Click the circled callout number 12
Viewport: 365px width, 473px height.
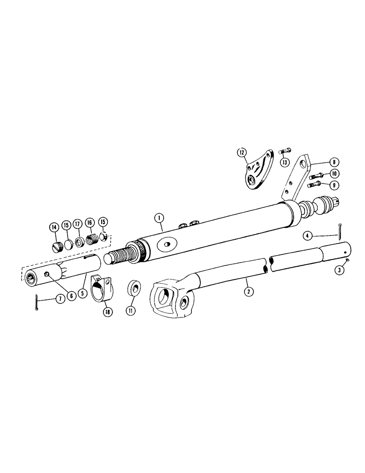[242, 152]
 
